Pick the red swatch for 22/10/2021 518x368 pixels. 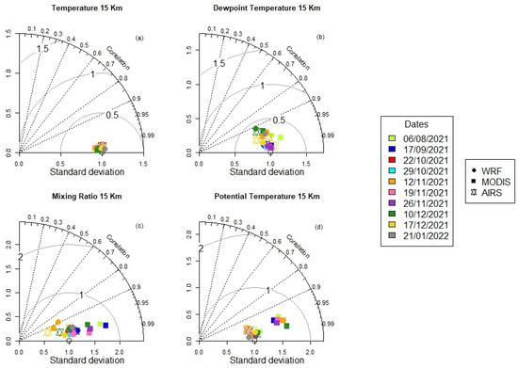(x=392, y=160)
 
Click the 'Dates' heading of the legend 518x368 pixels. (x=414, y=124)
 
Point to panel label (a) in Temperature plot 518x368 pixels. (x=139, y=38)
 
